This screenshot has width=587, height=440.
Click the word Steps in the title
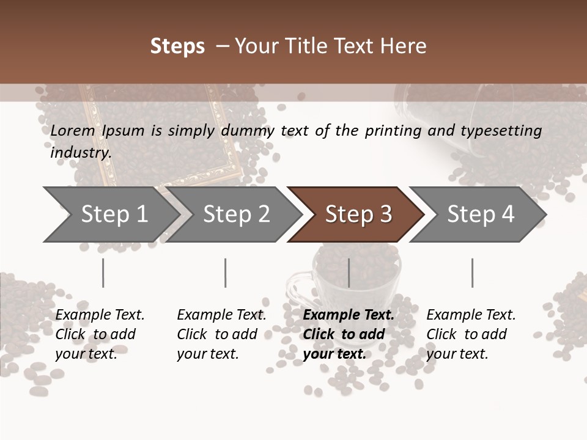177,46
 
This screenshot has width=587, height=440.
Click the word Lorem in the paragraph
72,131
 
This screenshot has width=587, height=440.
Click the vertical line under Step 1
103,273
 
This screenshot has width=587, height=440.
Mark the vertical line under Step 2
226,273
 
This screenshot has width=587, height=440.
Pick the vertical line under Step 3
349,273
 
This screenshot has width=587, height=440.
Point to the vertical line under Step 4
472,273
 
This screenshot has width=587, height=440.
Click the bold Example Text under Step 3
349,315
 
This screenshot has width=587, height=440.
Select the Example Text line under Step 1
100,315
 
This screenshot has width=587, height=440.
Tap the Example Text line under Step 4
471,315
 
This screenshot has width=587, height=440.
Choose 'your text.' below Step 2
208,354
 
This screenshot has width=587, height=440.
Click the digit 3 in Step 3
385,215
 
